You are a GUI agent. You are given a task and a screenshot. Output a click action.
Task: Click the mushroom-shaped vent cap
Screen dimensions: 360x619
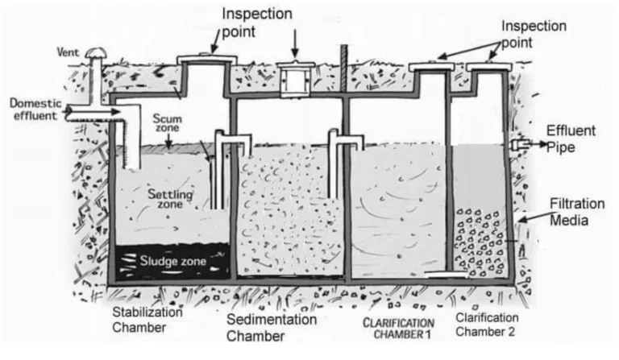click(x=96, y=52)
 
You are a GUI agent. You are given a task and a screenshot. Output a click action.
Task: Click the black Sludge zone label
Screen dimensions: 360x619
click(x=173, y=261)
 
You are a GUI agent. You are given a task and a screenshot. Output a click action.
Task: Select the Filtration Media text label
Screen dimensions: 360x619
click(x=571, y=212)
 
